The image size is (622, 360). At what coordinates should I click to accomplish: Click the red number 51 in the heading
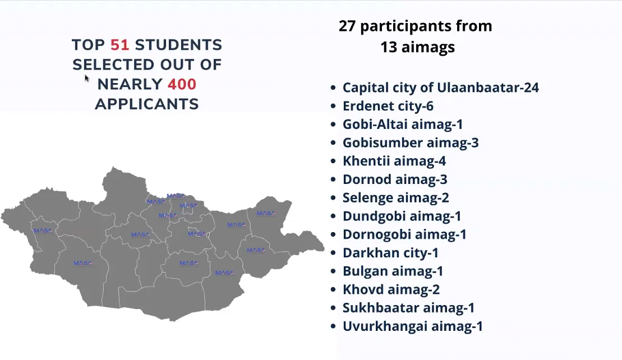[x=120, y=45]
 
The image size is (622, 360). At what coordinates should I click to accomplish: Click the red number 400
[x=182, y=85]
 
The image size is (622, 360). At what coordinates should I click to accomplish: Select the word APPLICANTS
[x=147, y=104]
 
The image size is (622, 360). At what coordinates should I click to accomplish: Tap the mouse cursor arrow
[x=87, y=78]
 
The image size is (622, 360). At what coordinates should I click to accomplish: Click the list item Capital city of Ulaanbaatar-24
[x=441, y=87]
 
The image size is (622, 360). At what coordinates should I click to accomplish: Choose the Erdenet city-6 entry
[x=388, y=106]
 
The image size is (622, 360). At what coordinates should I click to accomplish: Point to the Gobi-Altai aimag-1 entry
[x=403, y=124]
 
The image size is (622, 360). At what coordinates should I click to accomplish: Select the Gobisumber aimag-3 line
[x=411, y=143]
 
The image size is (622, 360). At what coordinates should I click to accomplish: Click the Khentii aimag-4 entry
[x=394, y=161]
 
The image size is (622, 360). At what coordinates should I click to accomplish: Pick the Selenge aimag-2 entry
[x=396, y=197]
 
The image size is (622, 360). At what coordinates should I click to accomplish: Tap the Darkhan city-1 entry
[x=390, y=252]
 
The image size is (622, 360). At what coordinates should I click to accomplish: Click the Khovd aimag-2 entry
[x=391, y=289]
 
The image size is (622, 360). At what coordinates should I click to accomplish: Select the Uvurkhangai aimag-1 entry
[x=413, y=326]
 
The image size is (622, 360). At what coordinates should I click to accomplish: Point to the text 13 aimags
[x=417, y=47]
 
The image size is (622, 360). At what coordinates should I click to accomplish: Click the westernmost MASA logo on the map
[x=43, y=230]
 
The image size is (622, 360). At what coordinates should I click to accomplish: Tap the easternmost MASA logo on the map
[x=265, y=213]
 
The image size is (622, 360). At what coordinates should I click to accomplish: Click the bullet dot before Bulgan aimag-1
[x=333, y=271]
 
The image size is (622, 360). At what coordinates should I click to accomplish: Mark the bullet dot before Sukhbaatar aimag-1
[x=333, y=308]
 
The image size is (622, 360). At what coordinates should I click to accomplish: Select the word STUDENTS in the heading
[x=178, y=45]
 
